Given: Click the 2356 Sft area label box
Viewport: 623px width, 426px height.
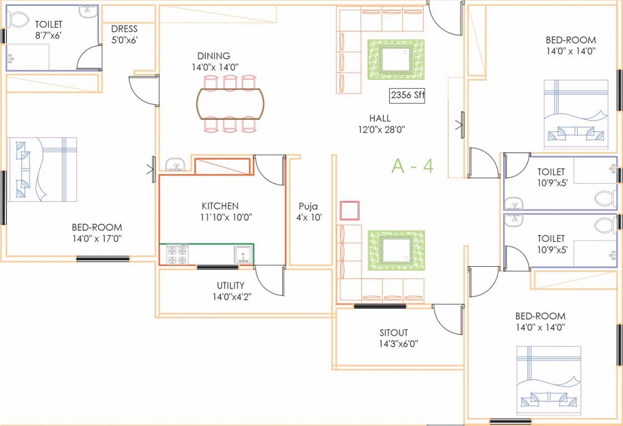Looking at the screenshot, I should tap(407, 95).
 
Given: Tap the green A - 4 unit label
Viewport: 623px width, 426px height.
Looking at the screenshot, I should tap(412, 166).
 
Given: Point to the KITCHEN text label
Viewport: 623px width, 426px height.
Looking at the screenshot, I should tap(220, 206).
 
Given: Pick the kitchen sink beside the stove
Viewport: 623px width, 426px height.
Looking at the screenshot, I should tap(242, 254).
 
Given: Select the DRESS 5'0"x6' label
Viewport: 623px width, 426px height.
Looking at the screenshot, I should tap(125, 35).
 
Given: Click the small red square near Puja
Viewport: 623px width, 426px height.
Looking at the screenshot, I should tap(349, 211).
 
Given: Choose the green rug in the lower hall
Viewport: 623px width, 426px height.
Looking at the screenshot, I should tap(395, 250).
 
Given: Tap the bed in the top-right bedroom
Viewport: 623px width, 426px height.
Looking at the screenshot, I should tap(572, 114).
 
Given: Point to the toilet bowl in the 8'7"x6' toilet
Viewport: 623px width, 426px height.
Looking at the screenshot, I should tap(21, 20).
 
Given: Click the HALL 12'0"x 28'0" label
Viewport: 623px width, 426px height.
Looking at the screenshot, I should tap(382, 123).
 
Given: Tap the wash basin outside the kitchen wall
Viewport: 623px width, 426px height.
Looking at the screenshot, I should tap(175, 165).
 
